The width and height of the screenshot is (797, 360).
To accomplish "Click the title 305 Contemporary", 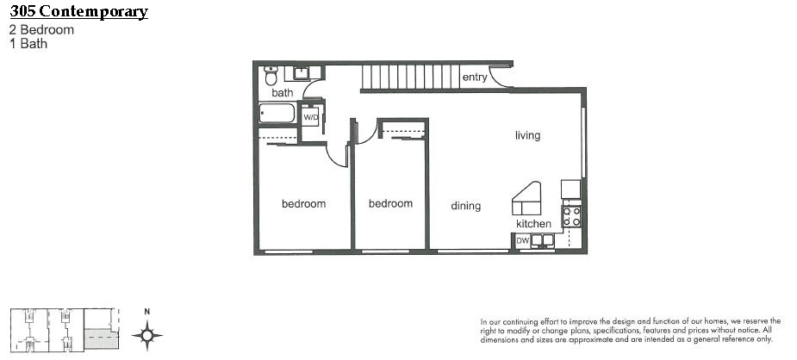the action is coord(78,11).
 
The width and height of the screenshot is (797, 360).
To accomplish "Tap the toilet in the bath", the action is coord(271,76).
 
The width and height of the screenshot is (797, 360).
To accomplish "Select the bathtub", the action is coord(277,113).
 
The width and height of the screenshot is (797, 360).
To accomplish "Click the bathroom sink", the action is coord(302,73).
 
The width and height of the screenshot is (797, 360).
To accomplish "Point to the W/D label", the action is coord(310,117).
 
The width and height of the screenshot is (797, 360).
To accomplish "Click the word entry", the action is coord(475,78).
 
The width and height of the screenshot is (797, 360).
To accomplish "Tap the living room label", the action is coord(527,135).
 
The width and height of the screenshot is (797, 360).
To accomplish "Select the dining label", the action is coord(465,206).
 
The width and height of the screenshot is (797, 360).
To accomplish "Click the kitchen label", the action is coord(533,224).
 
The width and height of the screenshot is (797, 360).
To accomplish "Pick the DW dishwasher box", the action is coord(522,240).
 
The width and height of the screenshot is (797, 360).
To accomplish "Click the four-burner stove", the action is coord(572,216).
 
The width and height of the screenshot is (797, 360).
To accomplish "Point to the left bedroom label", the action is coord(303,203).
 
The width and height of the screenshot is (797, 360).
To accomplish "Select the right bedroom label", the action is coord(390,203).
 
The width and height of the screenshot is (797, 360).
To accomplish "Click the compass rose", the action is coord(147,335).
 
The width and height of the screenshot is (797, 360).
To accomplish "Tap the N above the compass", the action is coord(146,312).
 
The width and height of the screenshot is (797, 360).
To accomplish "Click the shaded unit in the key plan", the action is coord(101,338).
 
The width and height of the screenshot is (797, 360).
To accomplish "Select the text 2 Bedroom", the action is coord(41,29).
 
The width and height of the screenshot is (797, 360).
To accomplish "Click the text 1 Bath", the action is coord(28,44).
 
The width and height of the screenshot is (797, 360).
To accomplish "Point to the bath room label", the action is coord(282,93).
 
